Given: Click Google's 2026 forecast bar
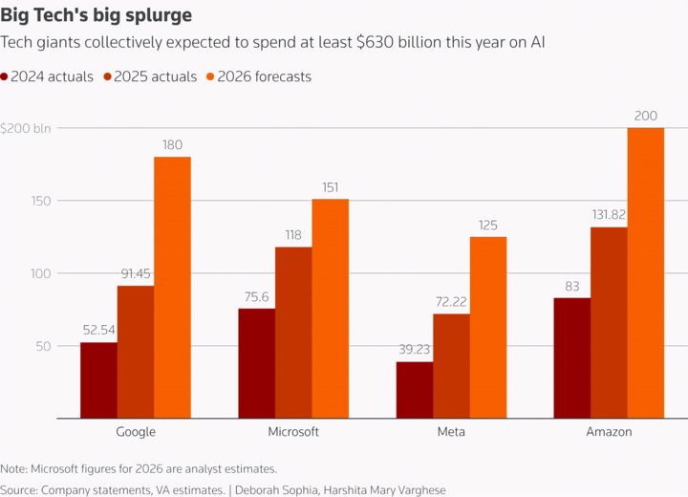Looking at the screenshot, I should [172, 287].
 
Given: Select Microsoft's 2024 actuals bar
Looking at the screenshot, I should [256, 363].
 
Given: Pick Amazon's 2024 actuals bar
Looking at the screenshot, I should [572, 357].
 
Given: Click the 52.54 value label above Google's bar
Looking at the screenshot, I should [98, 331].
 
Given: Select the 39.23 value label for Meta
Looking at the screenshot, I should [414, 350].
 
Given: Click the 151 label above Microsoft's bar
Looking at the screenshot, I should [331, 187].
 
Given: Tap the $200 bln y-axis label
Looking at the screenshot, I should [26, 128].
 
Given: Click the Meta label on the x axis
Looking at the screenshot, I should [451, 432].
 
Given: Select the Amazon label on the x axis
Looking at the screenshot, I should [609, 432].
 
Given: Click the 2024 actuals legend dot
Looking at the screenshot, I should [5, 77].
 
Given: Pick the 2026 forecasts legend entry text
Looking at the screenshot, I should [265, 76].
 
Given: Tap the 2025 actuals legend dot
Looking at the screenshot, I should [108, 77].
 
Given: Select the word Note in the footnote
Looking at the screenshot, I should [14, 468].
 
